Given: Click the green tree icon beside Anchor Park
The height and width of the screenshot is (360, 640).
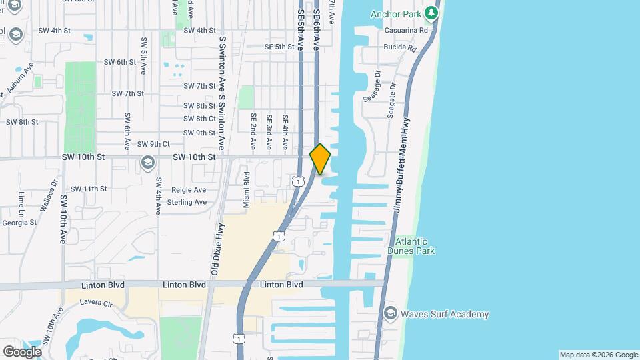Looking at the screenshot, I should pyautogui.click(x=432, y=12).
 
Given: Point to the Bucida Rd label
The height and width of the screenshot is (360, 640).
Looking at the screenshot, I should pyautogui.click(x=400, y=48).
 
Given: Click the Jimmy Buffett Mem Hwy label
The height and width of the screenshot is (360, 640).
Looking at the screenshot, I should pyautogui.click(x=401, y=165).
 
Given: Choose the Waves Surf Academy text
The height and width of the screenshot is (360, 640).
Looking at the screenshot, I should pyautogui.click(x=445, y=314).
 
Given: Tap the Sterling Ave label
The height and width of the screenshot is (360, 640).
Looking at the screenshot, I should pyautogui.click(x=187, y=201).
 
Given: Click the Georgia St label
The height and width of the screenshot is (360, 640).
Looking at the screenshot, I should pyautogui.click(x=19, y=222).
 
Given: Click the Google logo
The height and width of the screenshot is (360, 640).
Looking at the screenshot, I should pyautogui.click(x=22, y=351).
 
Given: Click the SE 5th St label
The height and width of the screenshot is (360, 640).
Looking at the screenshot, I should pyautogui.click(x=279, y=47).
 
